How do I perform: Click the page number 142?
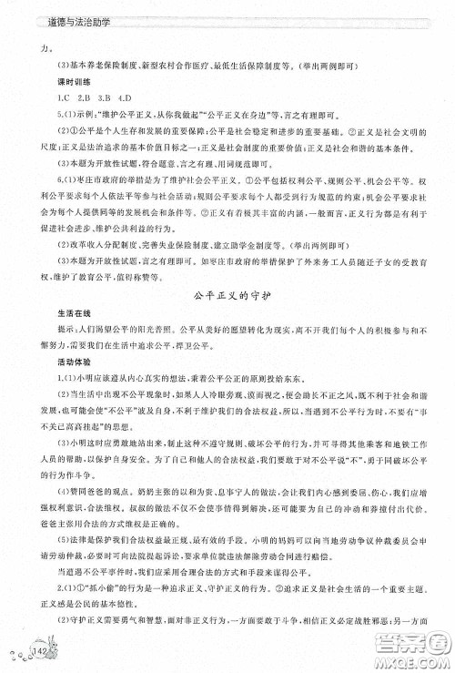click(x=42, y=652)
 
